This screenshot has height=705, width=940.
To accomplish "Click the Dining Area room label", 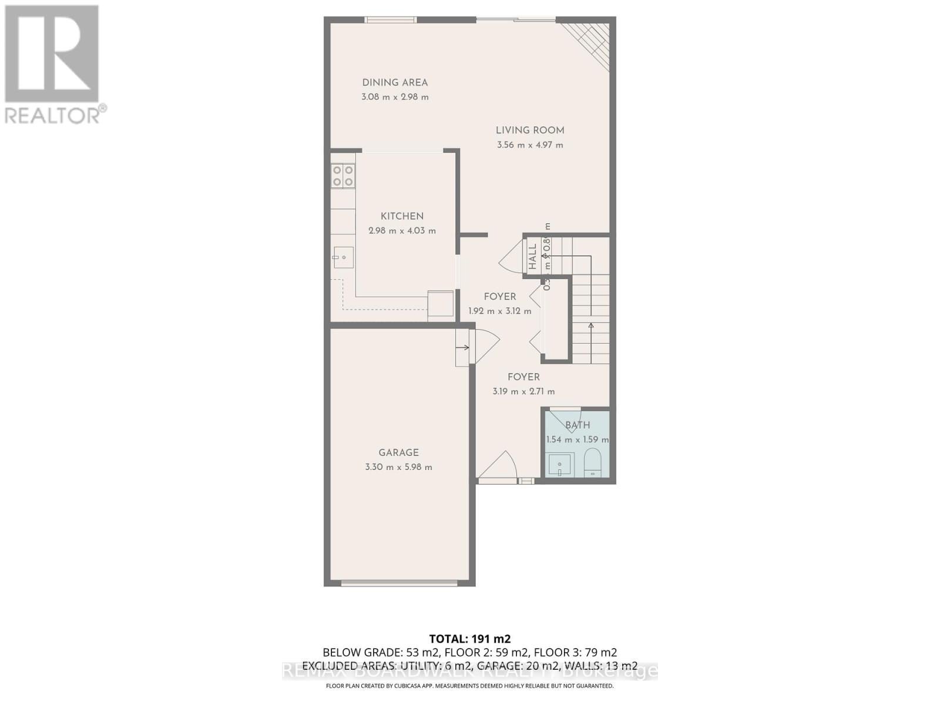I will [395, 83].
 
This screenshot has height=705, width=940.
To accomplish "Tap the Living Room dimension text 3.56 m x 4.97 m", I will [530, 145].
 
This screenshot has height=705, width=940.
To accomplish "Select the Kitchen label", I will [402, 216].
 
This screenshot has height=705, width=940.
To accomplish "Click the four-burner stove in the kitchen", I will [343, 175].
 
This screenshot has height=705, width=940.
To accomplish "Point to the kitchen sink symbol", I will [343, 257].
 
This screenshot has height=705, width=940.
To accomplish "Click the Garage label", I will [398, 452].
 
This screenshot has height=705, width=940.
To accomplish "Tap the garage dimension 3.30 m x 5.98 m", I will [398, 467].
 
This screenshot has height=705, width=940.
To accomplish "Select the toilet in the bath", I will [593, 462].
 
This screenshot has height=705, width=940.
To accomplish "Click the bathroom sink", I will [560, 464].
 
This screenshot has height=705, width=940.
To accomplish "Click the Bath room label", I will [578, 425].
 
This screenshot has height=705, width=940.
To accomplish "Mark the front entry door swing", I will [498, 466].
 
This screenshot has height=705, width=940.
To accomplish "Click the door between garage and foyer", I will [483, 347].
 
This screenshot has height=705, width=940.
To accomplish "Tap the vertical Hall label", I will [532, 257].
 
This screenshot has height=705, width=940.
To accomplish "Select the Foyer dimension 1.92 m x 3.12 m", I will [499, 311].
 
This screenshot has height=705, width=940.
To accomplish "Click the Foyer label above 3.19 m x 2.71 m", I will [523, 377].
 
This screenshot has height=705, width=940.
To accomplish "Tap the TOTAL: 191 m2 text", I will [470, 639].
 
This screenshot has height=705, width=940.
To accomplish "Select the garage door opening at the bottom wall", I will [399, 583].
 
